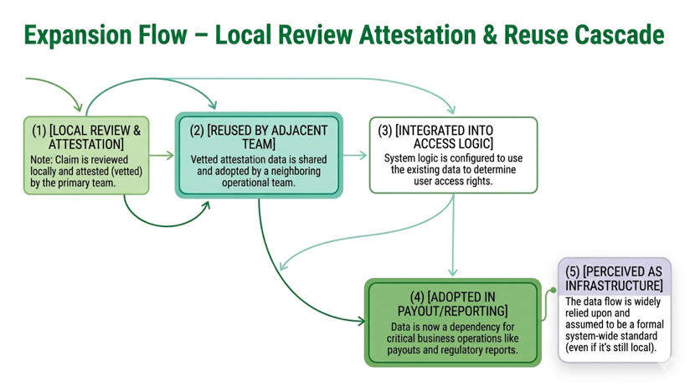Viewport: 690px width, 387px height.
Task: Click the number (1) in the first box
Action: pos(39,131)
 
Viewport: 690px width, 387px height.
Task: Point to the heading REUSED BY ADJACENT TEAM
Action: pos(259,137)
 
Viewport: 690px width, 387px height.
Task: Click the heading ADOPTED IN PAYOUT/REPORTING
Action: pos(452,304)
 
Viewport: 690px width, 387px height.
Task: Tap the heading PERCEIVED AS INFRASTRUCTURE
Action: pos(614,278)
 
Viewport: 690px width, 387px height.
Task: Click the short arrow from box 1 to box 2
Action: pos(162,155)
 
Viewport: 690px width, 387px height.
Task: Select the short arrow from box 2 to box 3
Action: pos(355,155)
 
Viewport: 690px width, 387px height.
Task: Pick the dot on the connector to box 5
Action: pos(553,290)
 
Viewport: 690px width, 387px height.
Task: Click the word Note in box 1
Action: pos(41,160)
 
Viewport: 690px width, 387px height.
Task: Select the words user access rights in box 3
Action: pos(453,181)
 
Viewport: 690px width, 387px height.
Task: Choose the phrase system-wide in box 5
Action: pos(591,336)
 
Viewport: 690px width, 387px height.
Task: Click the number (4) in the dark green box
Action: pos(417,297)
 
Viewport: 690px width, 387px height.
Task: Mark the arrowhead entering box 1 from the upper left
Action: pos(79,107)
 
